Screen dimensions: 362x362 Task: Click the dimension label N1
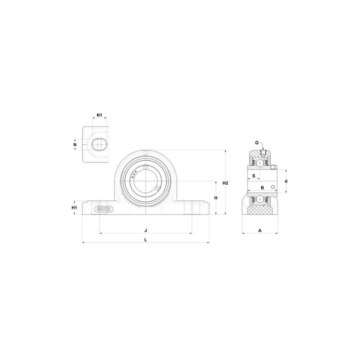pyautogui.click(x=100, y=115)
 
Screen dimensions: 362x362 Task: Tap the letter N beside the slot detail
pyautogui.click(x=75, y=144)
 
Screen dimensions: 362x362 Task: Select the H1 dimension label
pyautogui.click(x=75, y=208)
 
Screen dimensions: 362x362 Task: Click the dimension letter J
pyautogui.click(x=145, y=230)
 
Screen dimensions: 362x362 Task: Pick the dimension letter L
pyautogui.click(x=145, y=240)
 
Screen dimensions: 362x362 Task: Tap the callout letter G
pyautogui.click(x=257, y=143)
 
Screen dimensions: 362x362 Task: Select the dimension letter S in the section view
pyautogui.click(x=254, y=176)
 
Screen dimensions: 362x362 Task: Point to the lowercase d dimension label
pyautogui.click(x=286, y=181)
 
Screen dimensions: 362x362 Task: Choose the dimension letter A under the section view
pyautogui.click(x=260, y=230)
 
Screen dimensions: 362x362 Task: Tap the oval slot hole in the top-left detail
pyautogui.click(x=98, y=144)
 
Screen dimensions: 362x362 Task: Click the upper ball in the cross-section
pyautogui.click(x=260, y=161)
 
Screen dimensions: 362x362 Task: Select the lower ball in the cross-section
pyautogui.click(x=260, y=200)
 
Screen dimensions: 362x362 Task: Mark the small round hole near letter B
pyautogui.click(x=273, y=187)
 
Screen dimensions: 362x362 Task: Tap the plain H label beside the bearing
pyautogui.click(x=216, y=198)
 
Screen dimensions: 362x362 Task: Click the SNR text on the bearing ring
pyautogui.click(x=135, y=174)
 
